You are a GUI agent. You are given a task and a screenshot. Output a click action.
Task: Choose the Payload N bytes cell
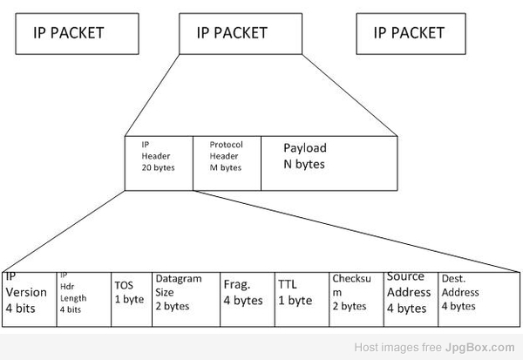(x=329, y=162)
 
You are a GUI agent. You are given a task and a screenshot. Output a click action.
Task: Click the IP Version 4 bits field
(x=30, y=299)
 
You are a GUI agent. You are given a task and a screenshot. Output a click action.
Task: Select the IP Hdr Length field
(x=84, y=299)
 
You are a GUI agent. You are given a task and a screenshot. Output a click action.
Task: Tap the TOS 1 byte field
(x=132, y=299)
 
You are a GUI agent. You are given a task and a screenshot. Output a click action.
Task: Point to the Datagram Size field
(x=187, y=299)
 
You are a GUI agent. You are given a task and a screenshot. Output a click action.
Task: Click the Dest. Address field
(x=479, y=299)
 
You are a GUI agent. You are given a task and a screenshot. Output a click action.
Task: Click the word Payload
(x=305, y=148)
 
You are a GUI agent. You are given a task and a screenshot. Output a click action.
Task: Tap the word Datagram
(x=178, y=279)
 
